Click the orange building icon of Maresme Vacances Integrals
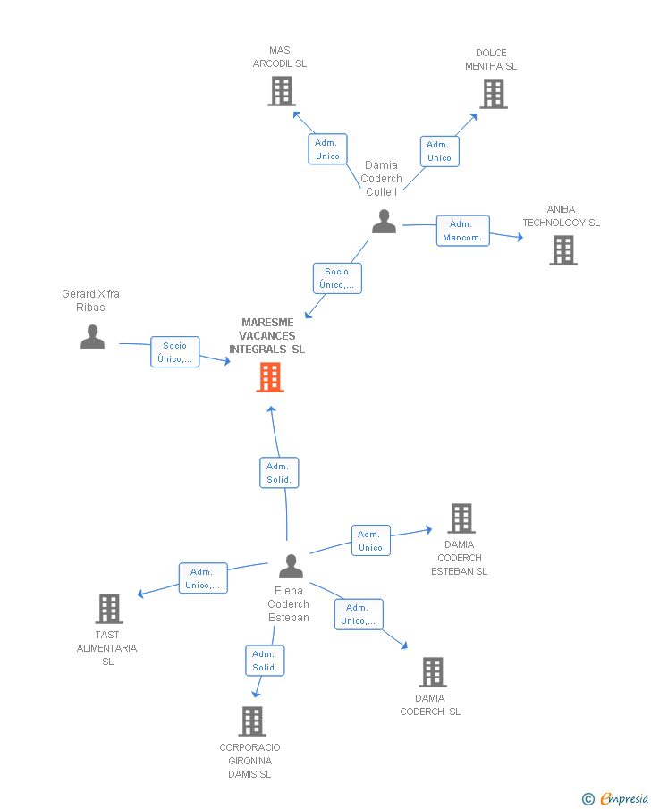(x=270, y=377)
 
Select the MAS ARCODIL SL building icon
(x=282, y=91)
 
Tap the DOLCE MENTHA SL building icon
(x=494, y=94)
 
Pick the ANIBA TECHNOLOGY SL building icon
(x=563, y=250)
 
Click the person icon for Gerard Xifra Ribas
(x=92, y=336)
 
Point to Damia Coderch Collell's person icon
(x=385, y=222)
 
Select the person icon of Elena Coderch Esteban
(x=292, y=566)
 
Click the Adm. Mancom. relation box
(x=462, y=231)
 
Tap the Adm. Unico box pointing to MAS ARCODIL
(x=327, y=149)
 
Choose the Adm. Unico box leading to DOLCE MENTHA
(x=439, y=151)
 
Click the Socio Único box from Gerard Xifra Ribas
(x=175, y=352)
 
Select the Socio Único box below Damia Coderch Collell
(x=337, y=278)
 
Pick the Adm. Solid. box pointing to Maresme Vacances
(x=279, y=473)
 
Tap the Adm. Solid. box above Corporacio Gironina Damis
(x=265, y=661)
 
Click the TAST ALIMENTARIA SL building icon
(x=109, y=609)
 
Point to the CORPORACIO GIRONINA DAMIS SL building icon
(x=252, y=721)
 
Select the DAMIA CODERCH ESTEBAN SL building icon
(x=461, y=518)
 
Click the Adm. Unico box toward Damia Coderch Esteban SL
(x=371, y=540)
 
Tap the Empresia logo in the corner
(x=615, y=798)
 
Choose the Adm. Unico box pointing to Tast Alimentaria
(x=203, y=577)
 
